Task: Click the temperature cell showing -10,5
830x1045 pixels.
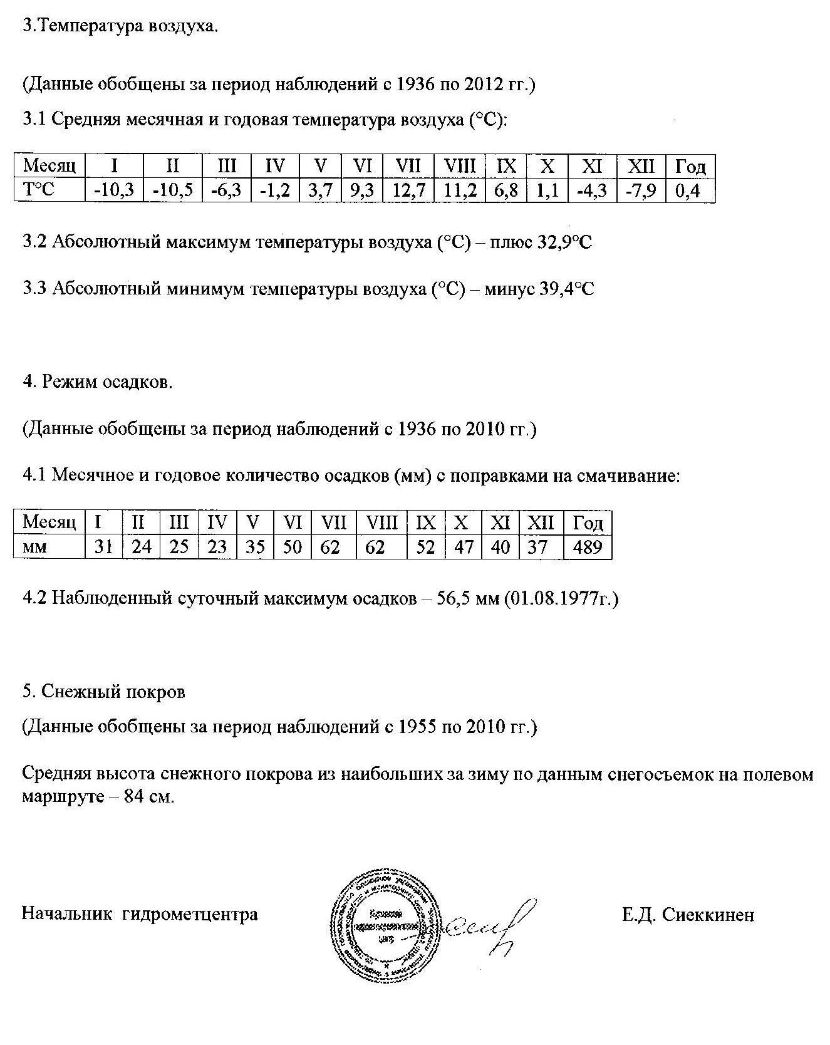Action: (x=172, y=190)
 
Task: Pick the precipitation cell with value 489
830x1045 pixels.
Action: (x=588, y=547)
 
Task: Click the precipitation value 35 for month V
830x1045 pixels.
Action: (x=255, y=547)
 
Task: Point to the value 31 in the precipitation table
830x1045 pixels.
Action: (x=104, y=547)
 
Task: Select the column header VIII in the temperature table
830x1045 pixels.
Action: (x=460, y=166)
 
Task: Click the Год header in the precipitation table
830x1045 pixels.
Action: (x=588, y=522)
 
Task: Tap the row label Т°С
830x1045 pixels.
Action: (x=39, y=190)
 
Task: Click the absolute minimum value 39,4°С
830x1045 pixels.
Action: (x=566, y=289)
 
